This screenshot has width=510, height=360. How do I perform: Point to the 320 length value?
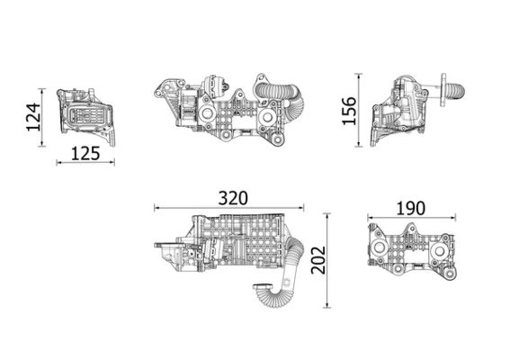click(x=231, y=196)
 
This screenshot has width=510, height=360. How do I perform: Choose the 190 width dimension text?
click(x=410, y=207)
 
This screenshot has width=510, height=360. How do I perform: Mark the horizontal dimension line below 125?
click(x=85, y=163)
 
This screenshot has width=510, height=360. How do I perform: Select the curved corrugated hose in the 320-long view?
click(x=270, y=292)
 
